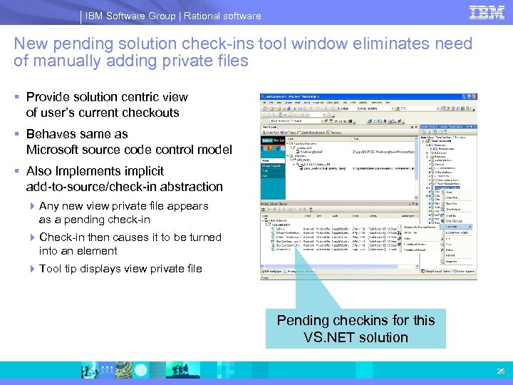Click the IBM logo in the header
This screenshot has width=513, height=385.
(487, 13)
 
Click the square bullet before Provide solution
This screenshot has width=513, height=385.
(17, 97)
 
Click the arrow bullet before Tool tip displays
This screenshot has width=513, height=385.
(32, 269)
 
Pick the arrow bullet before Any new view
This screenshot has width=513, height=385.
(32, 206)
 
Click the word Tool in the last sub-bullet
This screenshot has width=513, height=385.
(51, 269)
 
